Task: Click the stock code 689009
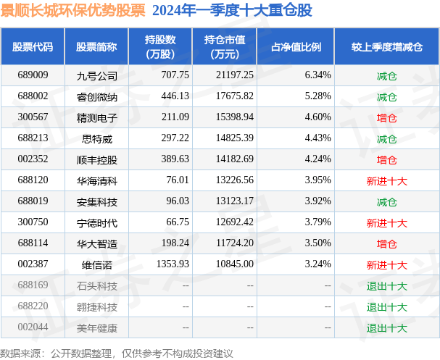pyautogui.click(x=33, y=75)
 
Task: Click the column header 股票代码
pyautogui.click(x=33, y=46)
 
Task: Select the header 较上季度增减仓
pyautogui.click(x=386, y=46)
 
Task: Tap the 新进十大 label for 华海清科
pyautogui.click(x=386, y=180)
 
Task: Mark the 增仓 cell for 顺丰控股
pyautogui.click(x=386, y=159)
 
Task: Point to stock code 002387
pyautogui.click(x=33, y=264)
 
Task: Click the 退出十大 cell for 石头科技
pyautogui.click(x=386, y=285)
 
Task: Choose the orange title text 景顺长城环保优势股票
pyautogui.click(x=72, y=11)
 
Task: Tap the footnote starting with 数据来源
pyautogui.click(x=117, y=353)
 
